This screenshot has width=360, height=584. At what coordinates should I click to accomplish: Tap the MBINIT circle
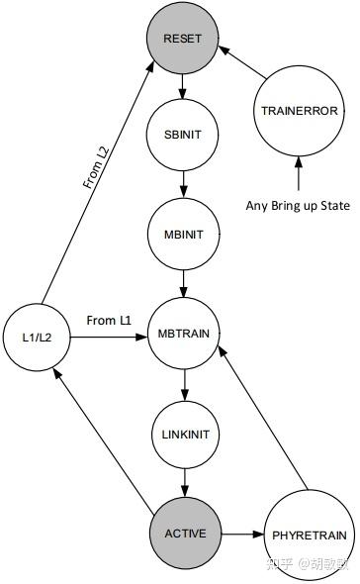183,233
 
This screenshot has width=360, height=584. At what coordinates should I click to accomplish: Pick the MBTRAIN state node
183,335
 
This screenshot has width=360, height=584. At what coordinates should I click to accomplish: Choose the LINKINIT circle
183,435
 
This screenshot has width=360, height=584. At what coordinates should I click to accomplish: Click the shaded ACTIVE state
184,534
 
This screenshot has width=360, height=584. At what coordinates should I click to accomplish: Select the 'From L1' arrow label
108,320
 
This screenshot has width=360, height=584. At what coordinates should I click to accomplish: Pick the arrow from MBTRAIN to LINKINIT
183,384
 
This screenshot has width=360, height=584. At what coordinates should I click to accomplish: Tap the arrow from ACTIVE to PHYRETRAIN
242,535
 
